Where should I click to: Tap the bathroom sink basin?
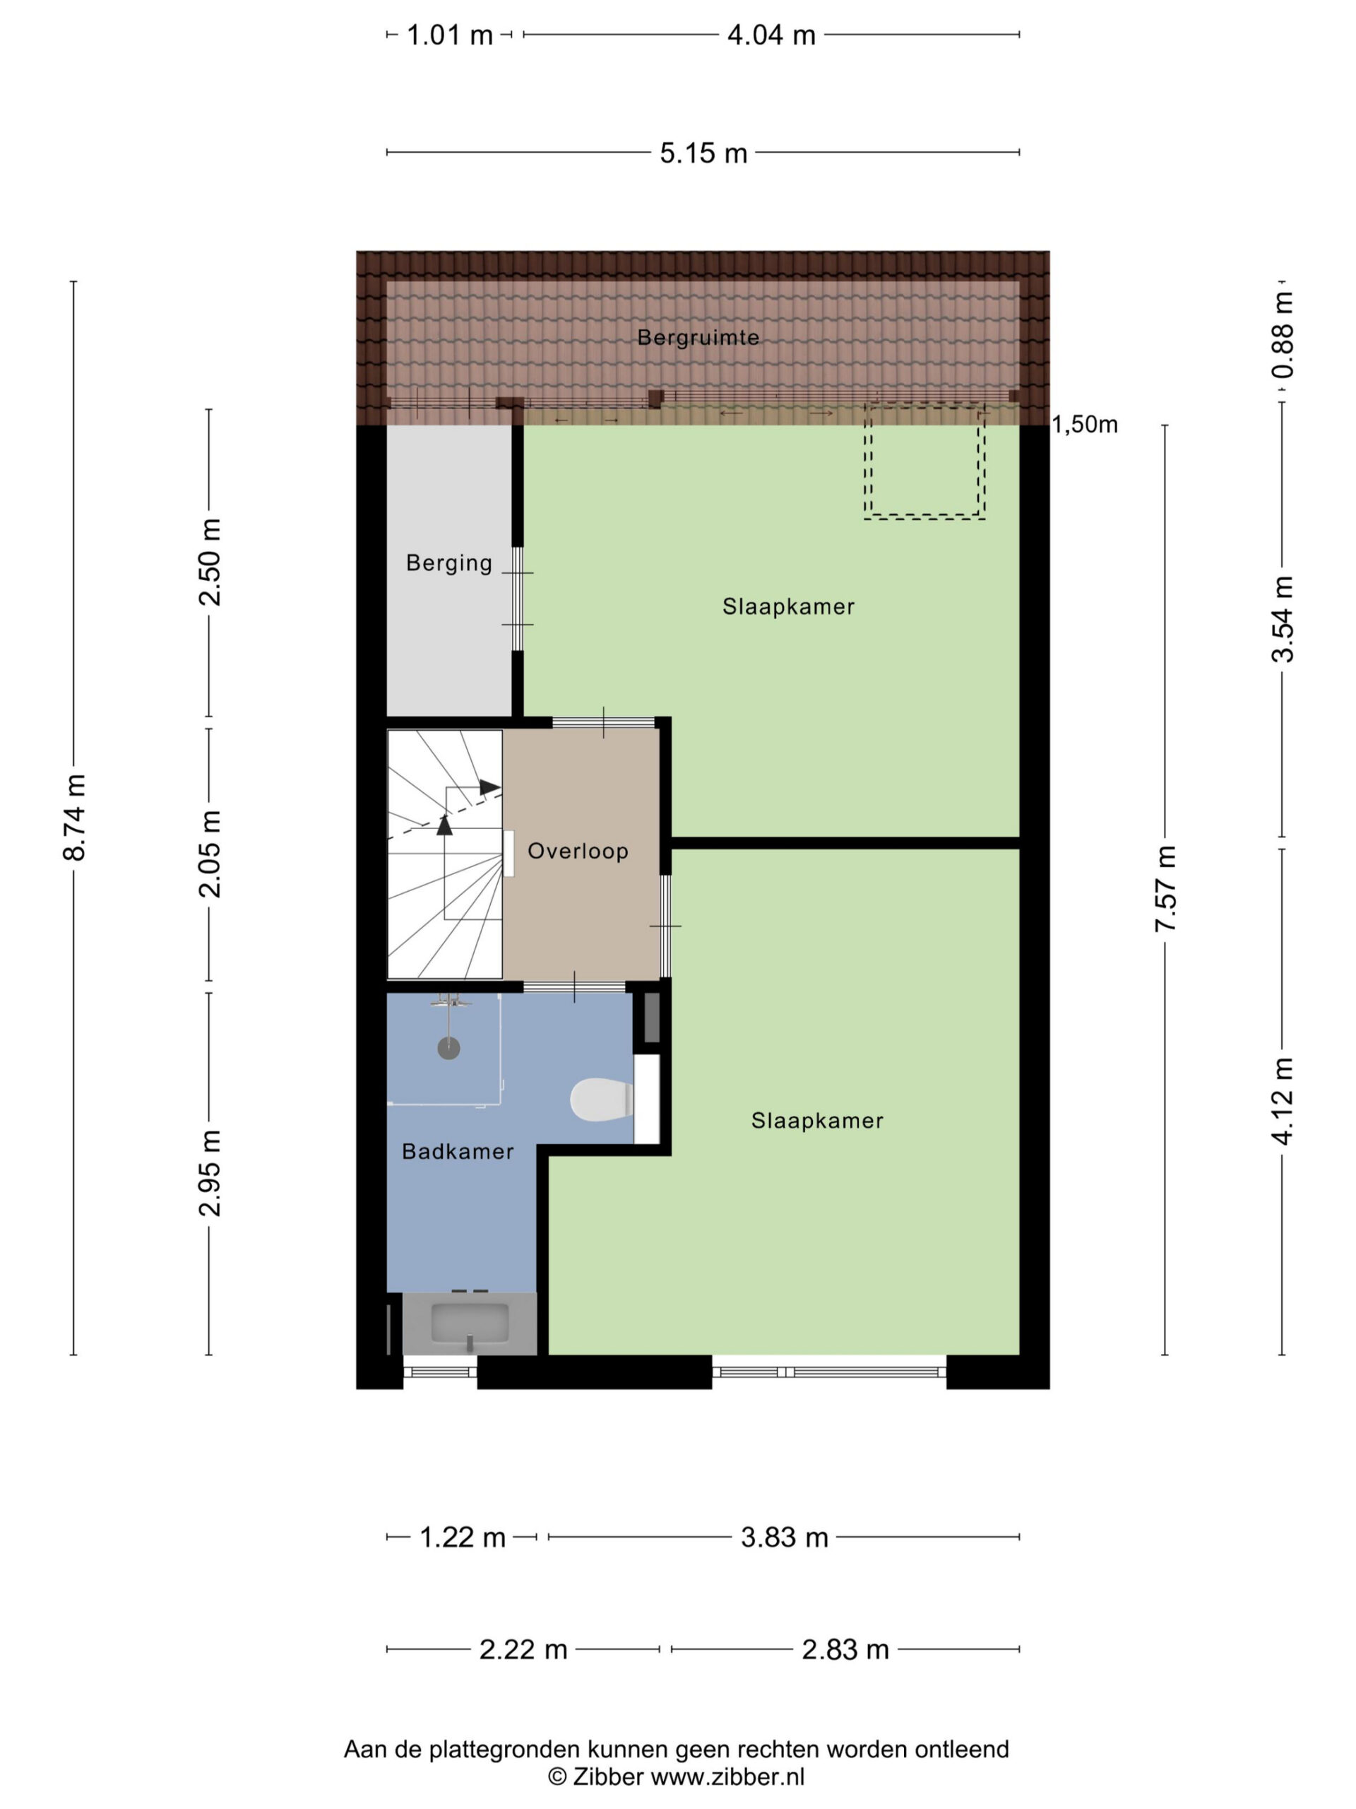[x=469, y=1322]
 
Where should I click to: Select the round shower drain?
[x=448, y=1048]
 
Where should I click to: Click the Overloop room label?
[x=578, y=852]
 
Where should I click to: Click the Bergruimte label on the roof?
[x=698, y=337]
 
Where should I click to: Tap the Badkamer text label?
[x=458, y=1152]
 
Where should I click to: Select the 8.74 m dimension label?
[x=73, y=817]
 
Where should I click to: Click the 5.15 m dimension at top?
[x=703, y=153]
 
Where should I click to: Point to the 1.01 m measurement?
[x=450, y=35]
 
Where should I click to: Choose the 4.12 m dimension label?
[x=1283, y=1100]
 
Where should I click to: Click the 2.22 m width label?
[x=523, y=1649]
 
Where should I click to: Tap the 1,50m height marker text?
[x=1085, y=425]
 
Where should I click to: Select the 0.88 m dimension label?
[x=1283, y=336]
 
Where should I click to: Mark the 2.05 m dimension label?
[x=209, y=854]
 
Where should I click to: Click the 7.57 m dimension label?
[x=1165, y=888]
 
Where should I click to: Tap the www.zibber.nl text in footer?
[x=727, y=1776]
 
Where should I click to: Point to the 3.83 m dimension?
[x=785, y=1538]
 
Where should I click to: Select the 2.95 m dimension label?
[x=209, y=1173]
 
